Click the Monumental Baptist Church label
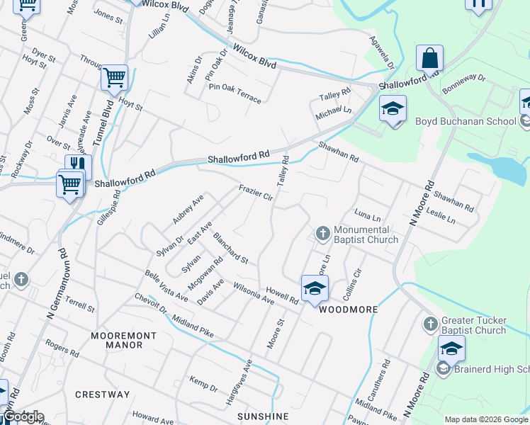(x=361, y=234)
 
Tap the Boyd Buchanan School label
(x=475, y=121)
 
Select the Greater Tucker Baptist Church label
(x=473, y=326)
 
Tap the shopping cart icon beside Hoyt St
(x=114, y=78)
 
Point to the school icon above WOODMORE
(x=315, y=288)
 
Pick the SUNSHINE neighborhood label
(x=263, y=416)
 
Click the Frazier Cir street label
(x=256, y=192)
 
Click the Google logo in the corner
(x=23, y=416)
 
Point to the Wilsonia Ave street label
(x=253, y=295)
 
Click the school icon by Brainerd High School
(x=451, y=348)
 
